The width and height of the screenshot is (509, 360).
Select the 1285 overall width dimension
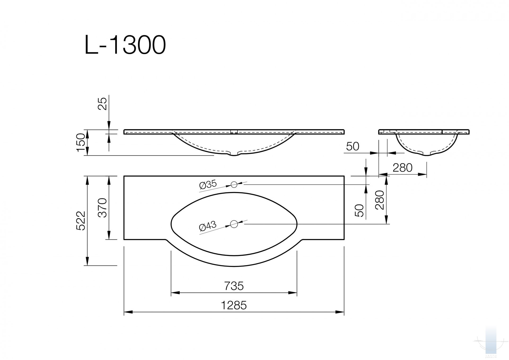[234, 305]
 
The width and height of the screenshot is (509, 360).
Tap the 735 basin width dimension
[234, 286]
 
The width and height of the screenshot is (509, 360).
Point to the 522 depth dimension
[81, 221]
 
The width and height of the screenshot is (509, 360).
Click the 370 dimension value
[102, 208]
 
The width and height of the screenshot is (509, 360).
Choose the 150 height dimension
[81, 143]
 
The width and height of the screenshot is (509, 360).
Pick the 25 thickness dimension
[102, 104]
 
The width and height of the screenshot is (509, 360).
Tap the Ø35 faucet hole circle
[234, 184]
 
